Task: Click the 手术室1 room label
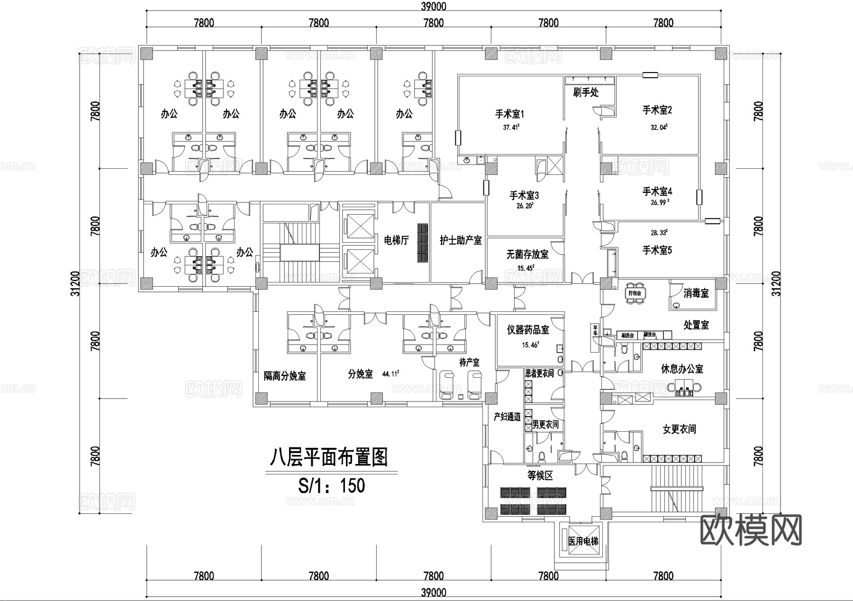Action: (x=509, y=114)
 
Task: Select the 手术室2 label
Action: (x=657, y=110)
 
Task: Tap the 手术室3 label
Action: (x=524, y=195)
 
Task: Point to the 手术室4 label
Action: (x=657, y=191)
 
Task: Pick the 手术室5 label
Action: (x=657, y=250)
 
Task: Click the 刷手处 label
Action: (x=586, y=92)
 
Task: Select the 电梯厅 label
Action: (x=396, y=240)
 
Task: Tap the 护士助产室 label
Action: (x=461, y=240)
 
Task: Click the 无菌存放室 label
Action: (x=527, y=255)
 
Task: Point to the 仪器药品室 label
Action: (x=528, y=330)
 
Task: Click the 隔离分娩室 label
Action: (x=285, y=376)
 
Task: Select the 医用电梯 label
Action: (x=583, y=541)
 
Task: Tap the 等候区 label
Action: (x=540, y=475)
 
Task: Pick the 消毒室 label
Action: (x=696, y=293)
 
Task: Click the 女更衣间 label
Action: (x=679, y=429)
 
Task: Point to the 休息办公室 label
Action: (x=682, y=369)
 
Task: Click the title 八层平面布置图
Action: (x=329, y=457)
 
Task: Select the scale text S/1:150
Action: (x=331, y=485)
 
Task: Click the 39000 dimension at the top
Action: (x=433, y=6)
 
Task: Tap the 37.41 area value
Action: (x=511, y=127)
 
